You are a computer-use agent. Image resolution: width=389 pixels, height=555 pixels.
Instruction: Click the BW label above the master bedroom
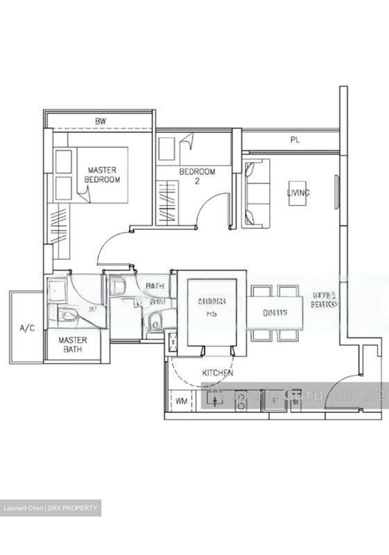100,121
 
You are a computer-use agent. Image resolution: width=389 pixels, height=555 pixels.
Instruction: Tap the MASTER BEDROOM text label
102,175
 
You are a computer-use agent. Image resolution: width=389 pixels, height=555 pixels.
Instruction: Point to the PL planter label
295,140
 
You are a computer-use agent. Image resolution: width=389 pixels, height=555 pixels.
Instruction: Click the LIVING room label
298,193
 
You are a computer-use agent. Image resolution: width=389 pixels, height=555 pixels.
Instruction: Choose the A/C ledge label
27,328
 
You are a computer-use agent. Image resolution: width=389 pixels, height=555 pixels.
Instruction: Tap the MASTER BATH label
73,345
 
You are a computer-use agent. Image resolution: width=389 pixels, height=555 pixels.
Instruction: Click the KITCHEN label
218,373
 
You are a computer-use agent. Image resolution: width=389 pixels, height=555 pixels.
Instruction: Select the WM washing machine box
181,401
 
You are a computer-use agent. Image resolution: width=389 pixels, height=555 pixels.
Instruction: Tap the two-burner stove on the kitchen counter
242,400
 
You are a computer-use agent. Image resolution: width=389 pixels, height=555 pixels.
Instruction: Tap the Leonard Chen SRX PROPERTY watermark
51,508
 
